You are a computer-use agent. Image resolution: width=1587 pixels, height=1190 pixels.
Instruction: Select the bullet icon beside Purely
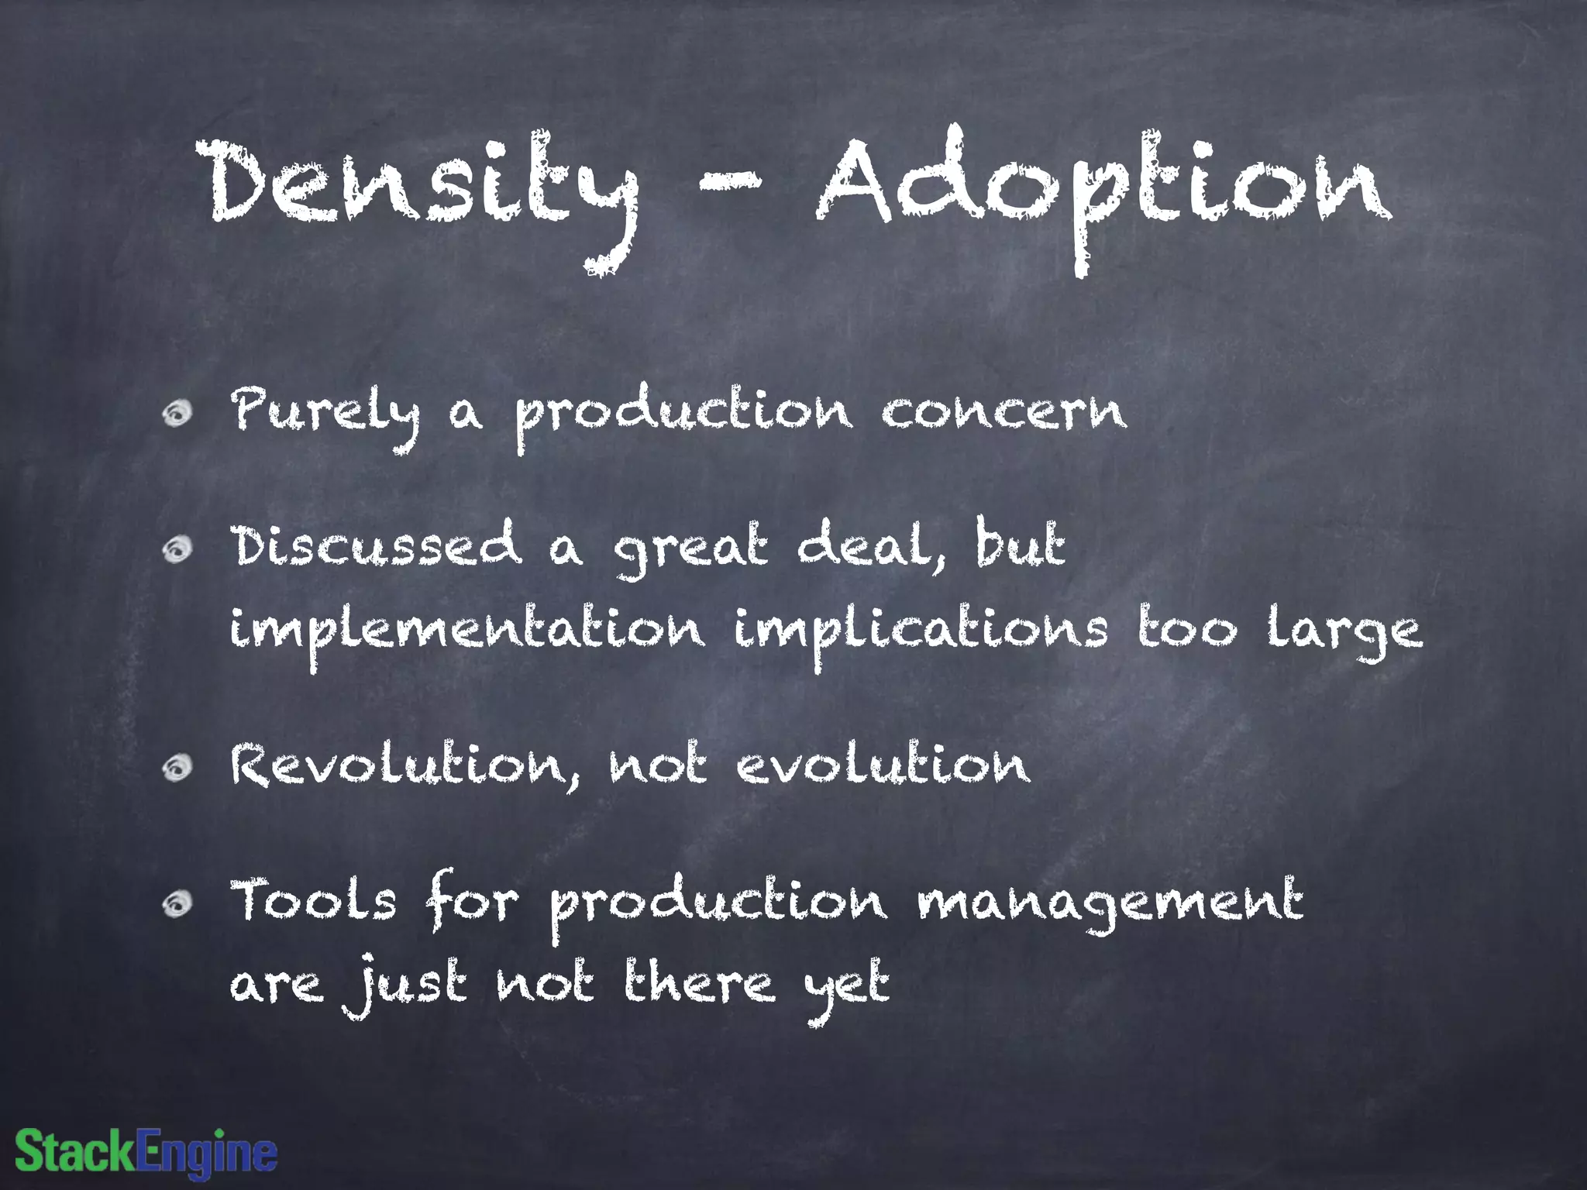click(177, 413)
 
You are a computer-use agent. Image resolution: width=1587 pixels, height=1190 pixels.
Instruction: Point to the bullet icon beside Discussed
click(177, 550)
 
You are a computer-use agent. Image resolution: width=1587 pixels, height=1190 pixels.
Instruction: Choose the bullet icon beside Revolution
click(177, 767)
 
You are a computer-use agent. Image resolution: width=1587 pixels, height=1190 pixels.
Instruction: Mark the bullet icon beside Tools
click(177, 903)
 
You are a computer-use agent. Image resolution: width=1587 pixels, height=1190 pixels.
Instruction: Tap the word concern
click(1003, 411)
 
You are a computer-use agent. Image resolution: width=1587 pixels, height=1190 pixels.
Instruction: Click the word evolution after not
click(883, 765)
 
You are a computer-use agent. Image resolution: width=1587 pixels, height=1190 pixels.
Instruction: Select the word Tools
click(314, 903)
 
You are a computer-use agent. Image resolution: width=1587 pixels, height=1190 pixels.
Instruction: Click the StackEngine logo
click(146, 1152)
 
